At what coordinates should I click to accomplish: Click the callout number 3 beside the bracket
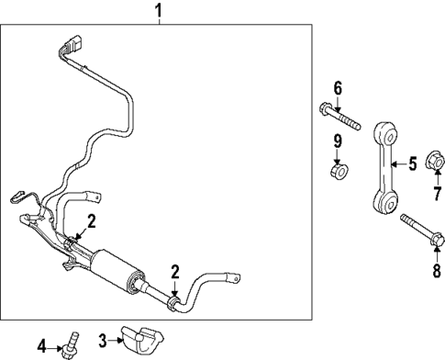pyautogui.click(x=104, y=339)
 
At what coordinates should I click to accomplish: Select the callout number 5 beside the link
pyautogui.click(x=412, y=164)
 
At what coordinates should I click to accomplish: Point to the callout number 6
pyautogui.click(x=337, y=88)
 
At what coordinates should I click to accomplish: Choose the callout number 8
pyautogui.click(x=423, y=271)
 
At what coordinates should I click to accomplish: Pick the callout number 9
pyautogui.click(x=337, y=141)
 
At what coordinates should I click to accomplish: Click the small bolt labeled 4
pyautogui.click(x=72, y=346)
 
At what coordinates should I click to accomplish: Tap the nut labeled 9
pyautogui.click(x=338, y=170)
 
